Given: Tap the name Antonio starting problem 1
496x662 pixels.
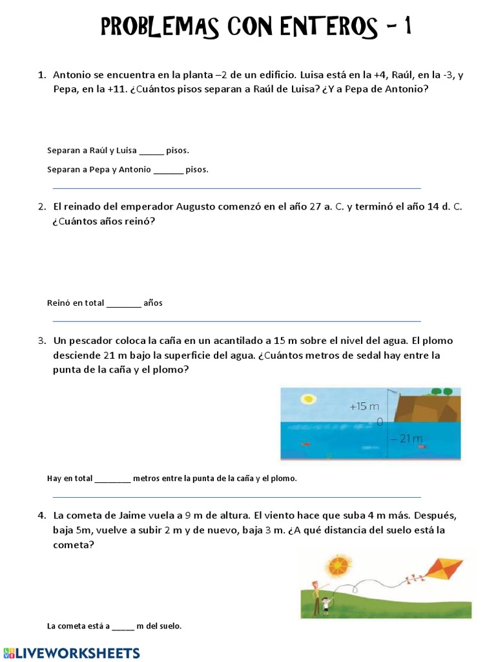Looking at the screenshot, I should click(72, 75).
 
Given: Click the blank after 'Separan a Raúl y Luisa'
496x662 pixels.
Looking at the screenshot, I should click(151, 151).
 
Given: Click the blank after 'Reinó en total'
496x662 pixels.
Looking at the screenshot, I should click(123, 303).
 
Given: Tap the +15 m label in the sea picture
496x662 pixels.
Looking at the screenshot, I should click(364, 407).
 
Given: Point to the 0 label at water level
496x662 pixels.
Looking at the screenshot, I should click(380, 422).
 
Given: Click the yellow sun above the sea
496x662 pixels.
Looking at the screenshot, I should click(308, 399).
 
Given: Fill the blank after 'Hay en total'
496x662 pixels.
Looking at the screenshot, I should click(113, 479).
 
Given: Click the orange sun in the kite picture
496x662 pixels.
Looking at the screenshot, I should click(338, 566).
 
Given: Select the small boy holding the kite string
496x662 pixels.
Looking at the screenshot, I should click(326, 606).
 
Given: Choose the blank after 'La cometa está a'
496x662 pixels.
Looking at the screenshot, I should click(123, 626).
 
